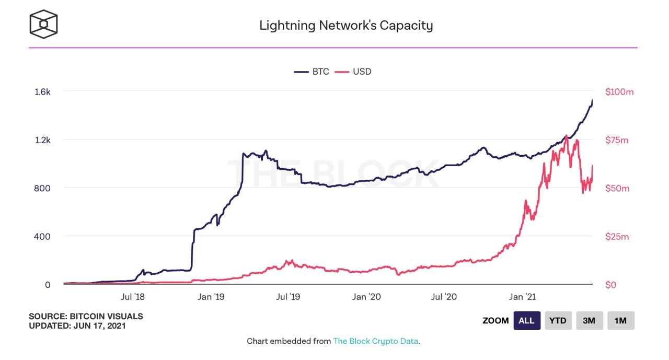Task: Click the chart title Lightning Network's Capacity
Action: [x=346, y=25]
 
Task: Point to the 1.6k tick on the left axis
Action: [x=42, y=91]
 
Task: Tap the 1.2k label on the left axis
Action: [x=42, y=140]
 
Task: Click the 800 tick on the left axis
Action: [x=43, y=188]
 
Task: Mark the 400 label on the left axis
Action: [x=43, y=236]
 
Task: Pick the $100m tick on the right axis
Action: [x=619, y=91]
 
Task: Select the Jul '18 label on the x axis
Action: [x=133, y=297]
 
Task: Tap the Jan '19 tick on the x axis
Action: [x=212, y=297]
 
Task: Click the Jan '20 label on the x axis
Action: [x=366, y=297]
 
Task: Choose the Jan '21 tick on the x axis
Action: [x=523, y=297]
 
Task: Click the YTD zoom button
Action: [x=558, y=321]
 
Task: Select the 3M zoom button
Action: [x=589, y=321]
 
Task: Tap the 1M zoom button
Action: [x=620, y=321]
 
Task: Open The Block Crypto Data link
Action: [x=376, y=341]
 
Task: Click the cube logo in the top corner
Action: [x=43, y=24]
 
